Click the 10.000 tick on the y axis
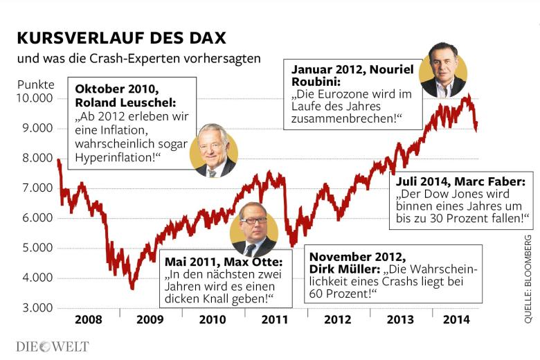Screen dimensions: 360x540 tap(34, 98)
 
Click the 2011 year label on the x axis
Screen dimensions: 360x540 tap(275, 321)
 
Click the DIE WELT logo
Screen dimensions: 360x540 tap(53, 346)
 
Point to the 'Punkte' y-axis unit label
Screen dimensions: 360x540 tap(35, 84)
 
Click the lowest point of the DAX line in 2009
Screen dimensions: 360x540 tap(132, 288)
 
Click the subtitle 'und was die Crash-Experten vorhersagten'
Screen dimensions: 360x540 tap(138, 58)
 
